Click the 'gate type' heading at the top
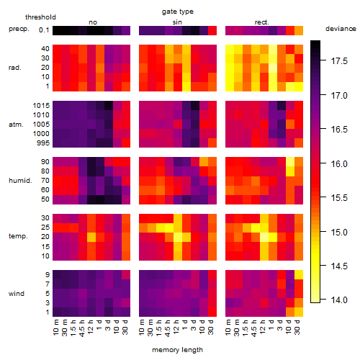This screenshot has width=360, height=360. coord(178,12)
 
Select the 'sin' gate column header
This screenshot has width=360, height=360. coord(177,22)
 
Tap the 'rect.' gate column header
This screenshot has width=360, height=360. coord(261,22)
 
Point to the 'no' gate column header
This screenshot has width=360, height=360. coord(93,22)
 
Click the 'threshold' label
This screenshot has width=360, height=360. coord(40,17)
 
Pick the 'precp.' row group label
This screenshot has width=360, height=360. coord(19,29)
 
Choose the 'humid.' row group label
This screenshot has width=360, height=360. coord(20,180)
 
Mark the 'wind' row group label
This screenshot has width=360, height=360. coord(17,294)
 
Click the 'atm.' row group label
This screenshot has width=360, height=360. coord(16,125)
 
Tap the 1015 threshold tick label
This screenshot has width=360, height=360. coord(41,105)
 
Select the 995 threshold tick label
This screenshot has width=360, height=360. coord(43,143)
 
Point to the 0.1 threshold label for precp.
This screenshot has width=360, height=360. coord(44,30)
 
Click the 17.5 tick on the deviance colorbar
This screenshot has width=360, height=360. coord(339,61)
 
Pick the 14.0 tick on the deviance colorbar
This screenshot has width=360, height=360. coord(339,300)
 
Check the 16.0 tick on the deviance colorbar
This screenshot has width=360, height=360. coord(339,163)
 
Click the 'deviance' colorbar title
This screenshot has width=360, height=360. coord(341,29)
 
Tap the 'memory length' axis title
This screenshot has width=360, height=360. coord(178,350)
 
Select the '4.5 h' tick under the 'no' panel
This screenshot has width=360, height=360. coord(81,328)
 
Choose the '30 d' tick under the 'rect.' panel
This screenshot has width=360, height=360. coord(297,327)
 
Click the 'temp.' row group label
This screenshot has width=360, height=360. coord(18,236)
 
